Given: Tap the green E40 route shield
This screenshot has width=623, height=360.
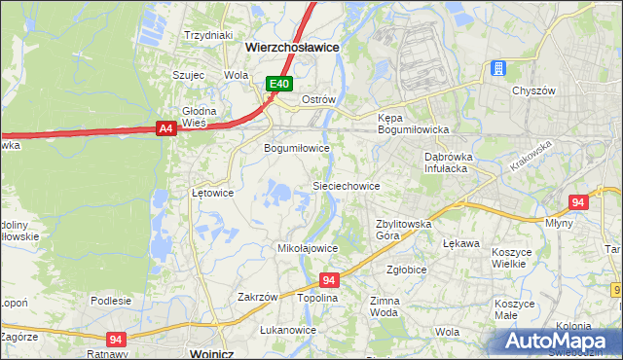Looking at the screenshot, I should click(279, 85).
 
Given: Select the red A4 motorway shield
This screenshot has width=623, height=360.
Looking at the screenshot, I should click(165, 127).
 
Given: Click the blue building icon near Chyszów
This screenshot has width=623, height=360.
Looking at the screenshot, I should click(498, 68).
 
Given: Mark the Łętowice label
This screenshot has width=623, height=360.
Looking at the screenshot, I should click(212, 193).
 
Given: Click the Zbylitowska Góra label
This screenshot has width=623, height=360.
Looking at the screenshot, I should click(403, 230).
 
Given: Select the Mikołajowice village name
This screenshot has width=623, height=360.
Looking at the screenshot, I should click(308, 248).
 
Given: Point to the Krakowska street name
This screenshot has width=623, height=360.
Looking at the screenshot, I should click(530, 156).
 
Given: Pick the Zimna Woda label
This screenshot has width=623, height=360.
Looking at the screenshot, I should click(384, 307).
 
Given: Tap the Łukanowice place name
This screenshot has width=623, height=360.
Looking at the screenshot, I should click(288, 330).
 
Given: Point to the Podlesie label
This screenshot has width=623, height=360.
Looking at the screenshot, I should click(111, 301).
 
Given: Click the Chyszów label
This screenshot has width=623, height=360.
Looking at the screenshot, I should click(533, 90).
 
